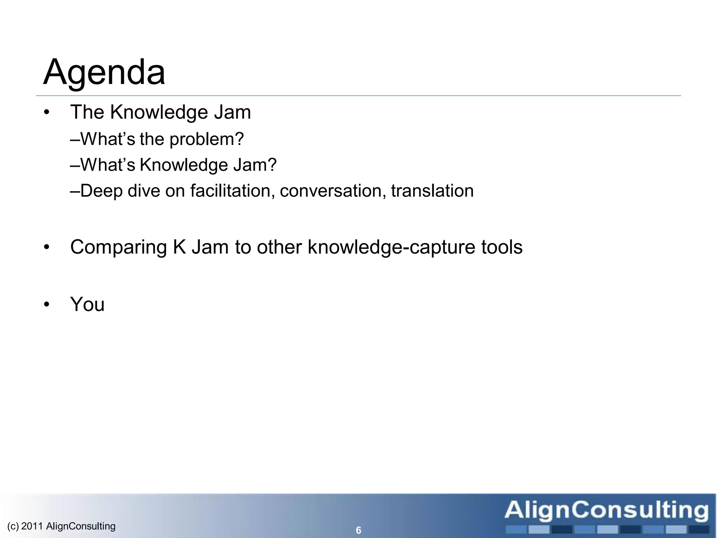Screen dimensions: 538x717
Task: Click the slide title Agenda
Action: pos(104,73)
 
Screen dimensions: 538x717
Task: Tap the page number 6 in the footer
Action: pos(358,530)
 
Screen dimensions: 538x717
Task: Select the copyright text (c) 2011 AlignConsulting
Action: pos(61,526)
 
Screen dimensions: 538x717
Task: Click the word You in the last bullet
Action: pos(87,304)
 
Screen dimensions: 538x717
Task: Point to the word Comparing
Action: pos(118,247)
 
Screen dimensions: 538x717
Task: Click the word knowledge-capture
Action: pos(390,247)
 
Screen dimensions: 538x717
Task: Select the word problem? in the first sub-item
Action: pos(207,139)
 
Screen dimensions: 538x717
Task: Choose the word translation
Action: pos(432,191)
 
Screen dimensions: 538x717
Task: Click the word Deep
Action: pos(102,191)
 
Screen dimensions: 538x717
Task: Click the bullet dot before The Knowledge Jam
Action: pos(47,113)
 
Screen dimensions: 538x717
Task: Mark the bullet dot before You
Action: pos(47,304)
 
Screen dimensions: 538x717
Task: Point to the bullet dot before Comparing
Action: pos(47,247)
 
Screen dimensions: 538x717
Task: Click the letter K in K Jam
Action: pos(179,247)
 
